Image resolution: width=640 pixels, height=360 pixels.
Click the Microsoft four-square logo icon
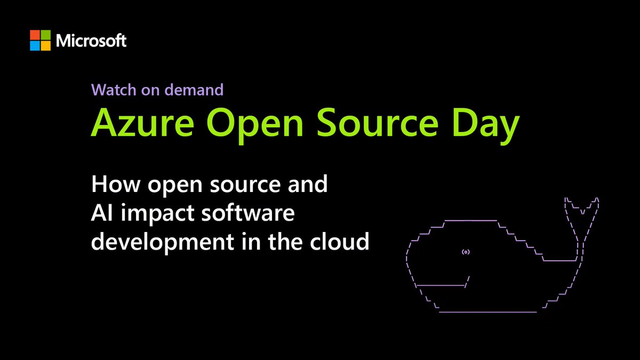(x=40, y=40)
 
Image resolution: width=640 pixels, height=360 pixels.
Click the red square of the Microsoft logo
(x=35, y=35)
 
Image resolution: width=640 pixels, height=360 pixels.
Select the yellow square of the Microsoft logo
(x=45, y=45)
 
